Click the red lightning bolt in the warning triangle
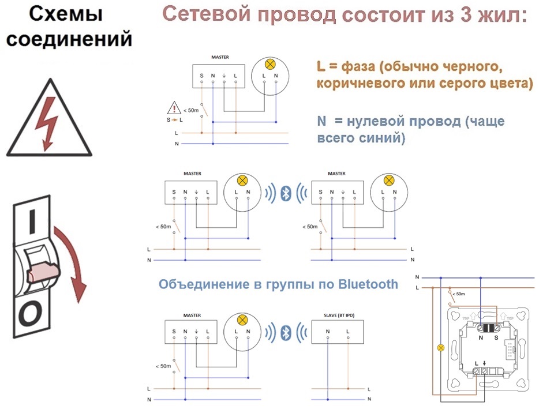coord(46,122)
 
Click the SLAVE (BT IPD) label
coord(339,315)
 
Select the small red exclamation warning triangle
coord(174,108)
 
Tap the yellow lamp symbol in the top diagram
coord(270,65)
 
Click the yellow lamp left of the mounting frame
coord(440,348)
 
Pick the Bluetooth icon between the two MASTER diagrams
coord(286,193)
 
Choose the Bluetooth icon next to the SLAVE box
coord(286,332)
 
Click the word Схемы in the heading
coord(66,14)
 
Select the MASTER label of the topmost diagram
coord(220,57)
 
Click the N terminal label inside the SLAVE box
coord(328,331)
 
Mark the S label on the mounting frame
coord(496,337)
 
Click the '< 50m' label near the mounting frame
coord(459,294)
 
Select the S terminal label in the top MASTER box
coord(202,76)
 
